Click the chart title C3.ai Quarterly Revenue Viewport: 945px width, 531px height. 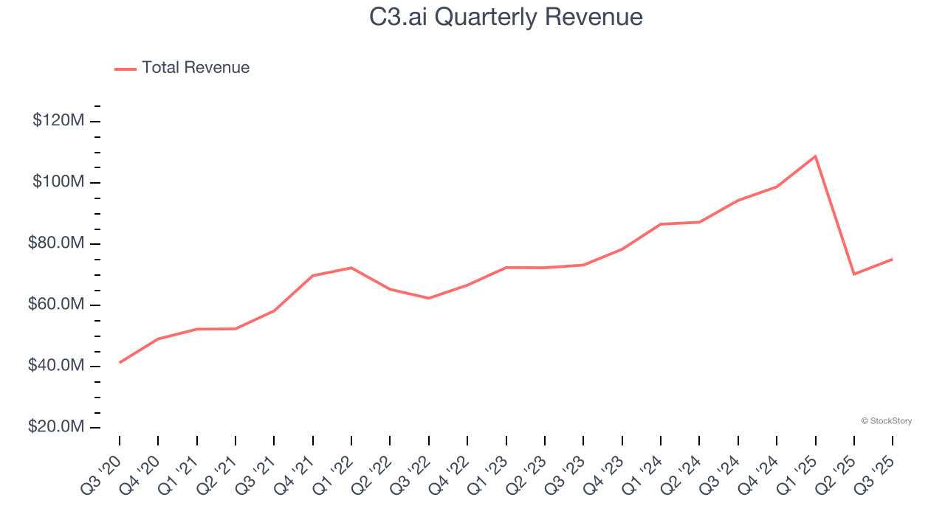click(x=506, y=16)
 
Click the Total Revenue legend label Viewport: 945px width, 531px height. click(x=196, y=68)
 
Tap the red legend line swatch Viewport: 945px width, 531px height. click(x=126, y=69)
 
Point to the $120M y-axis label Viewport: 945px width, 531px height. click(x=58, y=120)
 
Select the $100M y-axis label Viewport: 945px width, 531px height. click(x=58, y=182)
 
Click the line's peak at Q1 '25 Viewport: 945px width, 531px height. click(x=815, y=156)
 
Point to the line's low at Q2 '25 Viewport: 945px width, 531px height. click(x=854, y=274)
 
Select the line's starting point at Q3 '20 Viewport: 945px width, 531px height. click(x=120, y=362)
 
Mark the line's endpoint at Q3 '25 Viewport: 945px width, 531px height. click(x=893, y=259)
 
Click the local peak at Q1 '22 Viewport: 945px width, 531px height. click(x=351, y=268)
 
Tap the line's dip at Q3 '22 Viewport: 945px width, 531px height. click(x=429, y=298)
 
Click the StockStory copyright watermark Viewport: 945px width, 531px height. click(x=886, y=421)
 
